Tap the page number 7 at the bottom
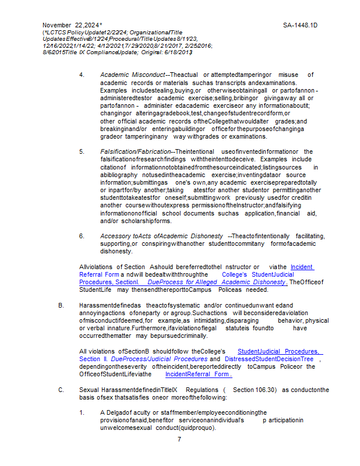click(x=179, y=439)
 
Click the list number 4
click(x=82, y=75)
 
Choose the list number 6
click(x=82, y=236)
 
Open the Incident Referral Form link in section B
click(x=199, y=374)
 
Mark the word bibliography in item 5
click(x=116, y=175)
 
